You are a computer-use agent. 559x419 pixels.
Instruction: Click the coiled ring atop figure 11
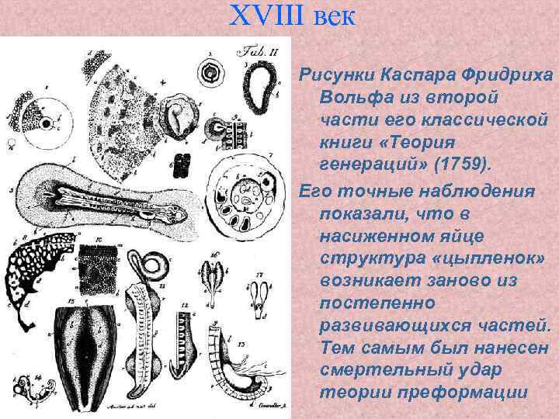[x=157, y=264]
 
